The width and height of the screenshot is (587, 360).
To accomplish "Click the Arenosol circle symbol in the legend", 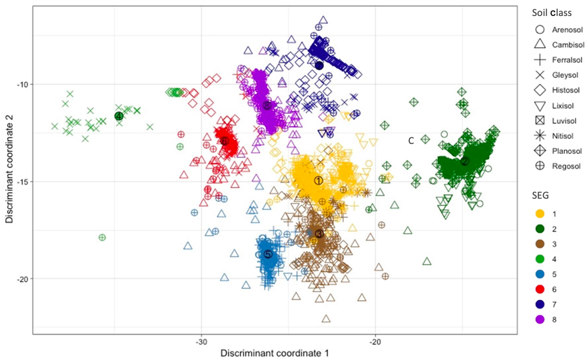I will click(540, 30).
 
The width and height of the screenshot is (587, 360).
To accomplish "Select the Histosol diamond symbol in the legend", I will click(540, 89).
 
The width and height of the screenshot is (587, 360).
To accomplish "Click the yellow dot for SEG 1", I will click(540, 213).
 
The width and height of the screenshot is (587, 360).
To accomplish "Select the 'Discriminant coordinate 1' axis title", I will click(275, 352).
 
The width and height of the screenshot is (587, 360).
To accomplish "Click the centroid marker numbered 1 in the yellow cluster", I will click(318, 180).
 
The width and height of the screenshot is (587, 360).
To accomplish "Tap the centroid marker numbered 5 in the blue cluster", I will click(268, 254).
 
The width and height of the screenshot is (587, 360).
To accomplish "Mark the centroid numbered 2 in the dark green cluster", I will click(465, 161).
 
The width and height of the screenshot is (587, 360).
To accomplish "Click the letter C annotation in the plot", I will click(411, 141).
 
